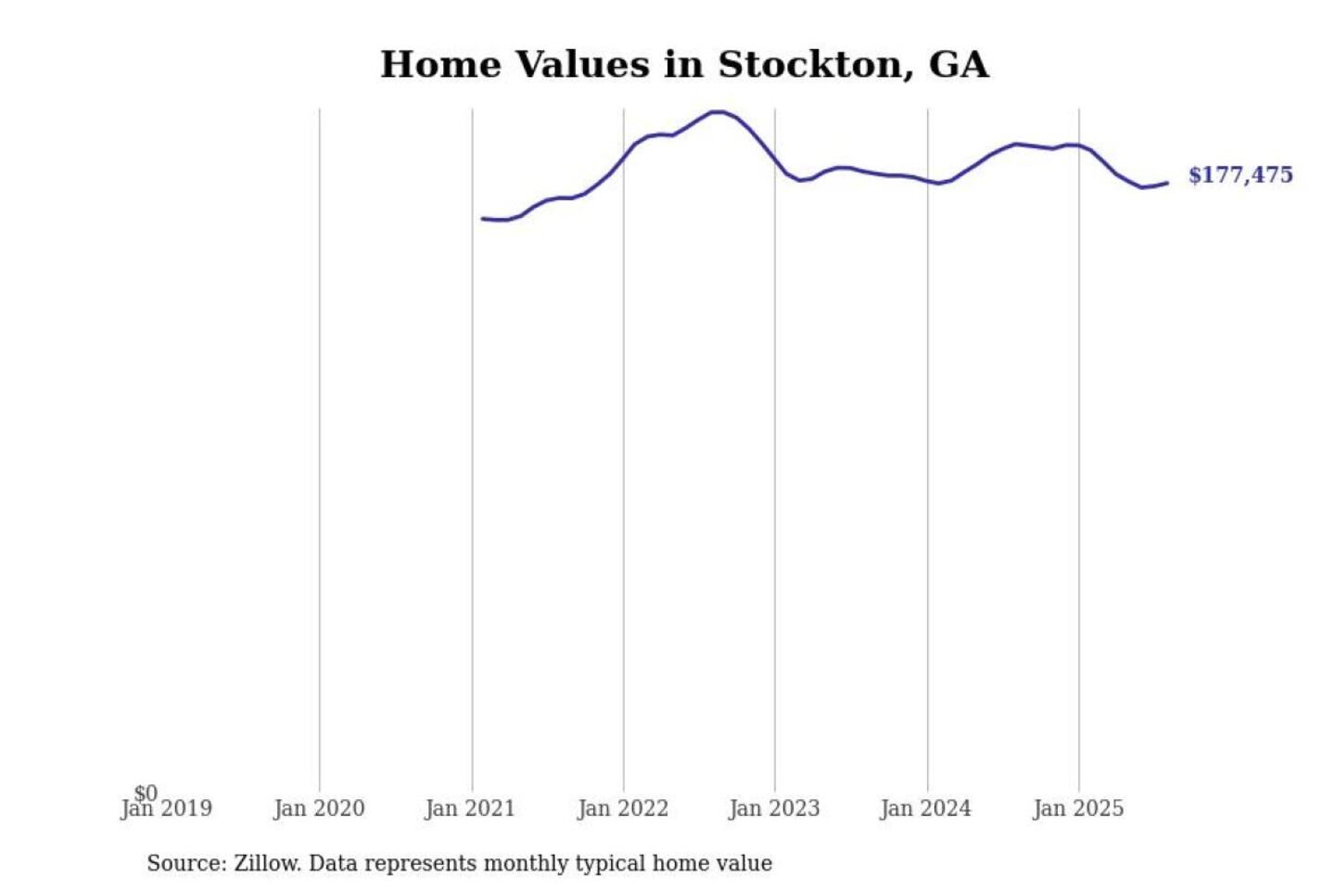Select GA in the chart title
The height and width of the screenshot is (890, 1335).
point(959,65)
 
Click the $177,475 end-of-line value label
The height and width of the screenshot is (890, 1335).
point(1240,175)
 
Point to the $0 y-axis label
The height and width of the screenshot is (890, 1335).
point(146,793)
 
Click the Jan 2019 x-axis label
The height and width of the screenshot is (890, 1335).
point(167,809)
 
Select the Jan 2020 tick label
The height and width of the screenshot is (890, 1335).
point(319,809)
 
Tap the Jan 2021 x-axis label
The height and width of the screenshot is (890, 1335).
point(470,809)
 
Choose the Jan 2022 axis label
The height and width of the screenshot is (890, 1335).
point(623,809)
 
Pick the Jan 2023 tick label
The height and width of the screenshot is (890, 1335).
point(774,809)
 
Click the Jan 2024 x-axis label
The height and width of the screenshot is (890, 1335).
point(926,809)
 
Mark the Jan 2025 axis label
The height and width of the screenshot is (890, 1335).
point(1078,809)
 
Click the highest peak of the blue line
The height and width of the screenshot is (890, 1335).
point(717,111)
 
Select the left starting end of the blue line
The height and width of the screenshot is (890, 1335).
point(482,219)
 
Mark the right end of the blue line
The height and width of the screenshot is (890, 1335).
point(1167,183)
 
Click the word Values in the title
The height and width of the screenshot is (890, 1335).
point(582,65)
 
